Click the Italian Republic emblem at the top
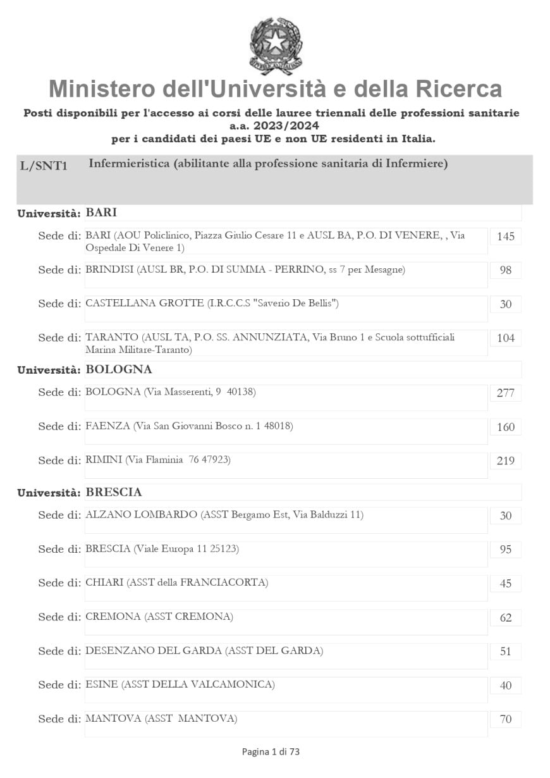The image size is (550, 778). pos(276,46)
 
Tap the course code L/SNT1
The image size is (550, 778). pos(44,166)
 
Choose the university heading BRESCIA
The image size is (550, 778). pos(114,492)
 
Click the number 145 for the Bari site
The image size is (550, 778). pos(506,237)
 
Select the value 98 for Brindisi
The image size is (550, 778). pos(506,271)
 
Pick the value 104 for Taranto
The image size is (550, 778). pos(506,338)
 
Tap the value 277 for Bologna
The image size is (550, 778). pos(506,393)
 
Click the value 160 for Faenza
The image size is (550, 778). pos(506,427)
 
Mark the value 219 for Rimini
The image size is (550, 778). pos(506,461)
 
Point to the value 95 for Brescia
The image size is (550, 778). pos(506,550)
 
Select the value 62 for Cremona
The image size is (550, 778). pos(506,618)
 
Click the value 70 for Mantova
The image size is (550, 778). pos(506,719)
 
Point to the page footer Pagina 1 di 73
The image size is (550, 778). pos(271,752)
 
